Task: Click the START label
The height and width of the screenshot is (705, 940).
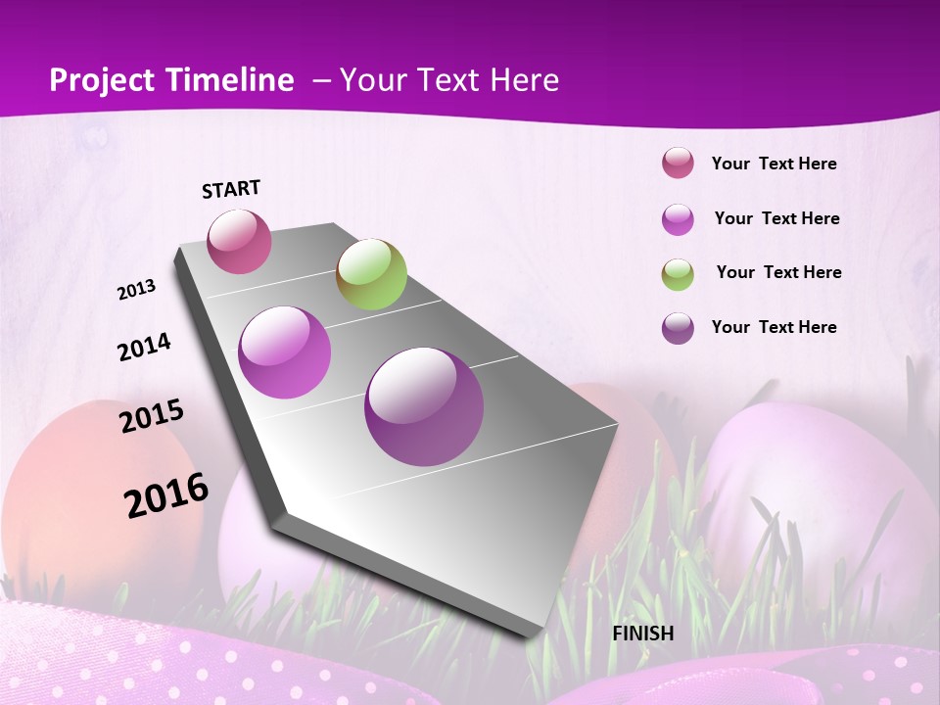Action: (231, 189)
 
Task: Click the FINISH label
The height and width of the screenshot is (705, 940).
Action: (643, 634)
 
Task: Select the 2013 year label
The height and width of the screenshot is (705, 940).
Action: (137, 290)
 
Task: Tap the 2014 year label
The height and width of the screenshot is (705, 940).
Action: (145, 347)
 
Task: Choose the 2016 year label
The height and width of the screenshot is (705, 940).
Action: (166, 494)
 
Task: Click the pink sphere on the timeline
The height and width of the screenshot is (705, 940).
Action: (239, 241)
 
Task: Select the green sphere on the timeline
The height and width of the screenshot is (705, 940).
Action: (371, 274)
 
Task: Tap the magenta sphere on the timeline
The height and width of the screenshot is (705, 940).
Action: (285, 352)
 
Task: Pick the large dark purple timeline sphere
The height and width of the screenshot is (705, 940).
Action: (424, 406)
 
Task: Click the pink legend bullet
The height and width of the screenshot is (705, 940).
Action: (678, 164)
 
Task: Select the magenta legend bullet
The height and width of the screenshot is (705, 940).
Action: (678, 219)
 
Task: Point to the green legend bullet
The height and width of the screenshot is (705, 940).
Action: (678, 274)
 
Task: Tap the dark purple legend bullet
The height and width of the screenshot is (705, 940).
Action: (678, 328)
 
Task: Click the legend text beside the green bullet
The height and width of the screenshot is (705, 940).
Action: (778, 272)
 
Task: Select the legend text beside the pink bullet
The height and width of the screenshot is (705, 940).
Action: (775, 164)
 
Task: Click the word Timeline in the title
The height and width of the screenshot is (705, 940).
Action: (224, 80)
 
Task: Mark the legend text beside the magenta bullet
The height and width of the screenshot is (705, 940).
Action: (776, 218)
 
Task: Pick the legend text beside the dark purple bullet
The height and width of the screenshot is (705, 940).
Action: (775, 327)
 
